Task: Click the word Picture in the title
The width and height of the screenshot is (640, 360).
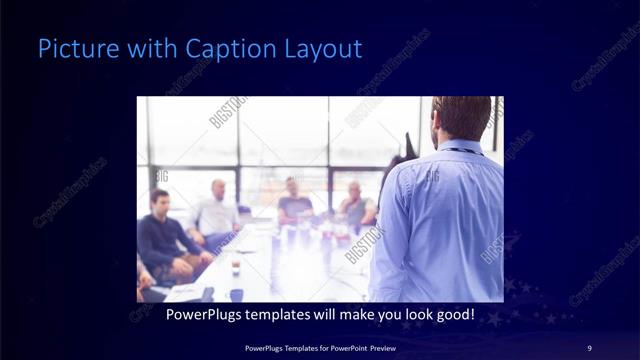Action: (69, 48)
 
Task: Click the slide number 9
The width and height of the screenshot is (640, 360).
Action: (589, 347)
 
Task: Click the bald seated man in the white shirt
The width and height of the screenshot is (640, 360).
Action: (216, 212)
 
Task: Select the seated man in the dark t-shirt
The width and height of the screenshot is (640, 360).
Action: (295, 204)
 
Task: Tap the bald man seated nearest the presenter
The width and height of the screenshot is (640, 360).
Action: (355, 205)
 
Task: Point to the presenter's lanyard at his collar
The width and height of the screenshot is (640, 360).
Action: (457, 151)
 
